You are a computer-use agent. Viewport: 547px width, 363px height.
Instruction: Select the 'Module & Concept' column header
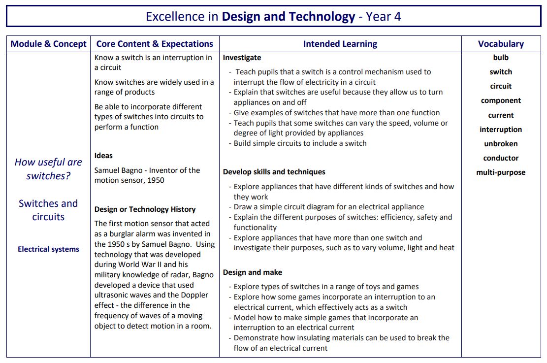(48, 44)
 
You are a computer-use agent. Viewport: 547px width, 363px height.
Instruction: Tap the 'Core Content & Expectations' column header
(155, 44)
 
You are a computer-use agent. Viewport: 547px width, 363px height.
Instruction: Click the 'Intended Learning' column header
(340, 44)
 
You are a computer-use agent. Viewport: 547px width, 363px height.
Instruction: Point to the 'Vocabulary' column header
(501, 44)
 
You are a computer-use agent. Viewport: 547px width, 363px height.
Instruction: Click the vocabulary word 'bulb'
(501, 58)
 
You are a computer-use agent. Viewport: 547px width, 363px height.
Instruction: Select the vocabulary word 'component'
(501, 100)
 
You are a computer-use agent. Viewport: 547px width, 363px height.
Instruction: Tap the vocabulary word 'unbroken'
(501, 144)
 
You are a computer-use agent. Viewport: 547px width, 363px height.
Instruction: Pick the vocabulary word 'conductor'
(501, 158)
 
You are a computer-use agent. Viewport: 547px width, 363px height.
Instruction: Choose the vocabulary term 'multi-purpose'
(501, 172)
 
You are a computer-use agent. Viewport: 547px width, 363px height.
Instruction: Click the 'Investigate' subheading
(242, 58)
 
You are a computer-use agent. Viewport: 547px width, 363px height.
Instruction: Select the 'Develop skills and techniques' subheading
(274, 172)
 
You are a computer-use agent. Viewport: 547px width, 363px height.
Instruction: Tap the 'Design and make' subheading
(252, 272)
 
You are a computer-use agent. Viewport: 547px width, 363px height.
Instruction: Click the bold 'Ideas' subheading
(103, 156)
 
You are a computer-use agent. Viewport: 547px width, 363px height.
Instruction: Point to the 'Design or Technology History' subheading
(145, 209)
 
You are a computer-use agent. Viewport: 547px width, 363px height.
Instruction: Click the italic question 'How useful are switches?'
(48, 169)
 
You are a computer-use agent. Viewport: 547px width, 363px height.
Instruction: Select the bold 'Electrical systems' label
(48, 249)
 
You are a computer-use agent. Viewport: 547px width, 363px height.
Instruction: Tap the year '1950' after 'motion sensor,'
(155, 180)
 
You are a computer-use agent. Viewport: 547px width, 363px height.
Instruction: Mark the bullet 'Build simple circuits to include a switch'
(300, 143)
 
